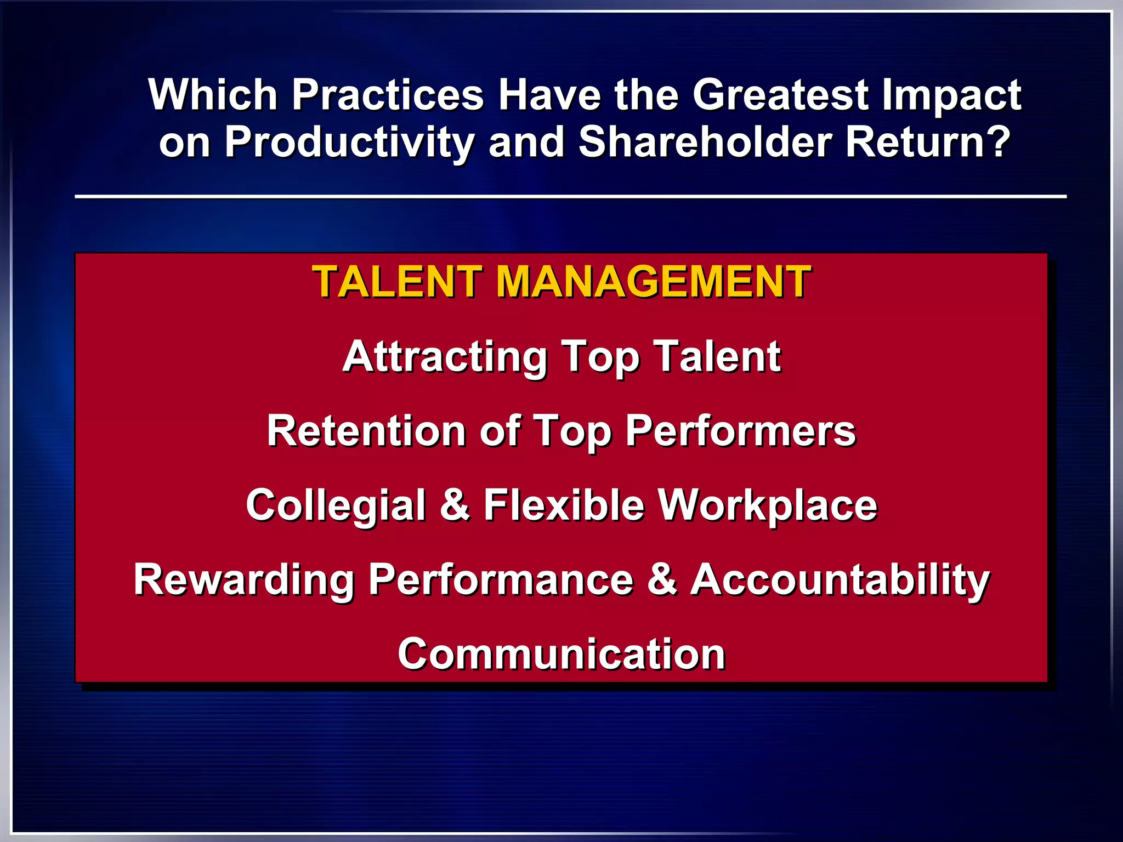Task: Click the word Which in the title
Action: coord(213,94)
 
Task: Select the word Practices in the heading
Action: coord(388,94)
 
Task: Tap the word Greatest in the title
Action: coord(780,94)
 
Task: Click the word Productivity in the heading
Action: coord(349,143)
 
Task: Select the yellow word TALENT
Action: coord(398,282)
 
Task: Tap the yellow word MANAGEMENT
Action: coord(653,282)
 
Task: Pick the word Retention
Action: coord(366,431)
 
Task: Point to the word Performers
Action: coord(740,432)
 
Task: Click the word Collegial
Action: coord(336,506)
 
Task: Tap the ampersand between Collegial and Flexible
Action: coord(455,505)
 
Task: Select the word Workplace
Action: coord(767,506)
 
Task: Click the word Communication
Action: coord(561,654)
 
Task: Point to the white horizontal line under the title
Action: coord(570,196)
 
